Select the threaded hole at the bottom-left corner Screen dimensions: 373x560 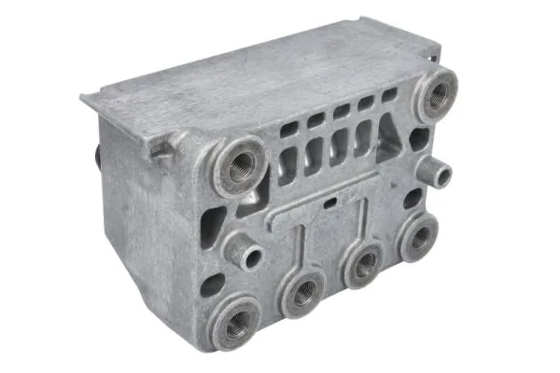pos(234,322)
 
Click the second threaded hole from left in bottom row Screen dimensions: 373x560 pos(301,296)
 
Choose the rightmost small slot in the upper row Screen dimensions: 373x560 pos(385,98)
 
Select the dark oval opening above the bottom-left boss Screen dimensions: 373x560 pos(212,283)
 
